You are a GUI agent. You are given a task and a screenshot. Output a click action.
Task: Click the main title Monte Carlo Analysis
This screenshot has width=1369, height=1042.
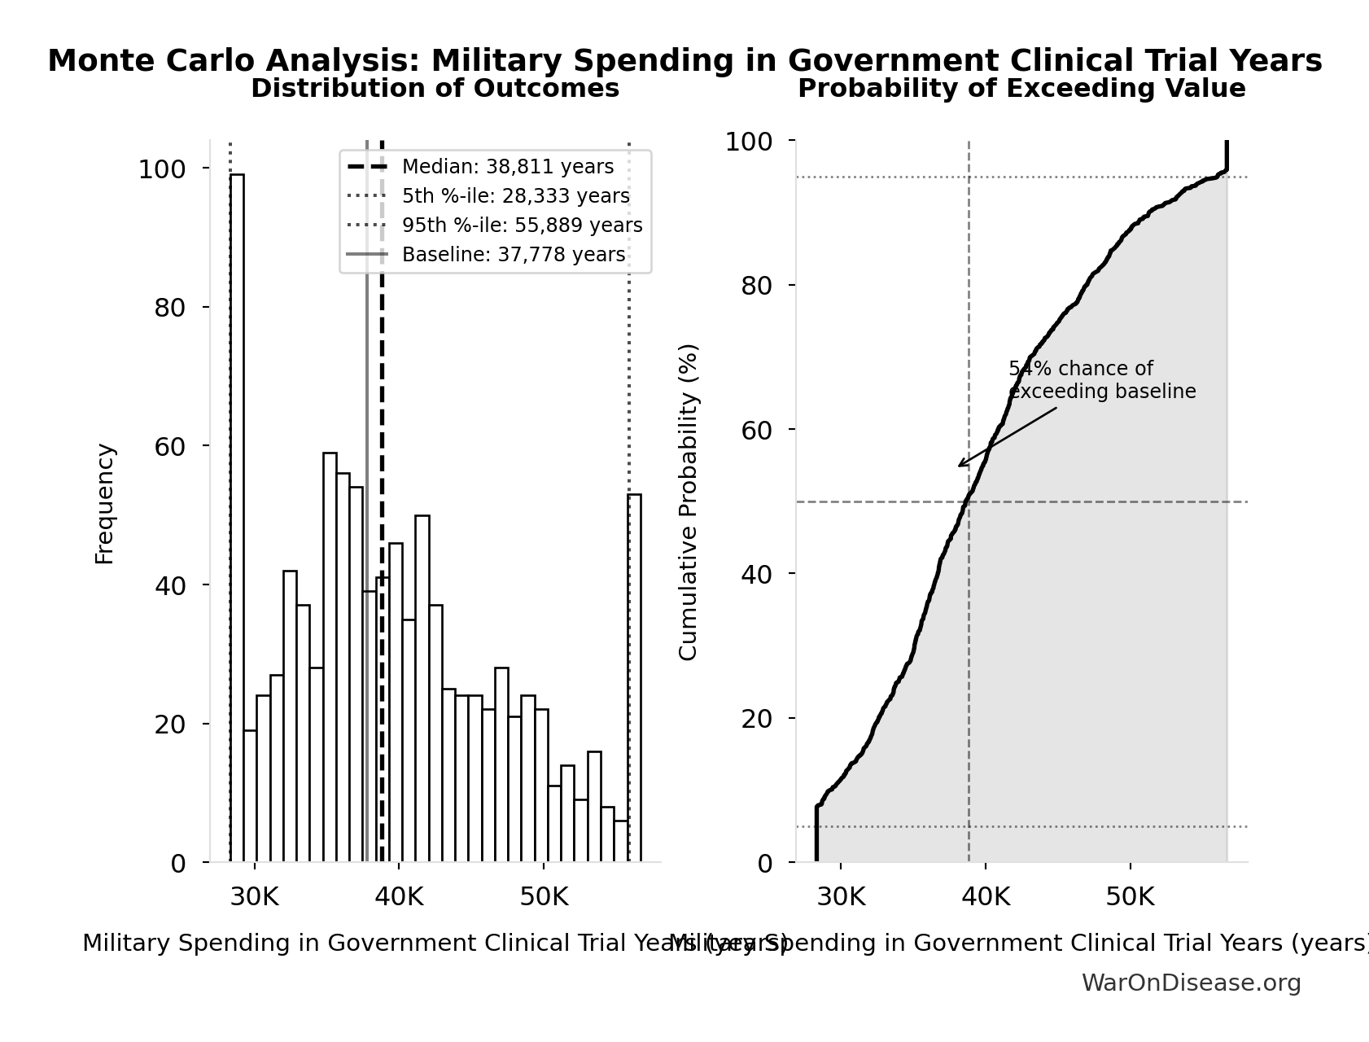click(684, 61)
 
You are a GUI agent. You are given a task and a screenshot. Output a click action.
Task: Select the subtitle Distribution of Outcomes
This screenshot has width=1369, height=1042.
click(435, 89)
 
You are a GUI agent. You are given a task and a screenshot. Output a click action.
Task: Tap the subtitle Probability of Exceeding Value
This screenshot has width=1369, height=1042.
click(1021, 89)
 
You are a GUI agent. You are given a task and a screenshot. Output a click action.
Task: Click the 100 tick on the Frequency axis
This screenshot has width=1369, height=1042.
click(161, 169)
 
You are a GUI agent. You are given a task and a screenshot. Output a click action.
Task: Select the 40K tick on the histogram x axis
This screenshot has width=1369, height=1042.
click(400, 897)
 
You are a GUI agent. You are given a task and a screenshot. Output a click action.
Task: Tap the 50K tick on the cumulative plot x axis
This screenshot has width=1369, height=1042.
click(1130, 897)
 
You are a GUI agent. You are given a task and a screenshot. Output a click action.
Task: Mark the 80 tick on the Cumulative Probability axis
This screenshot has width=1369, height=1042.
click(756, 286)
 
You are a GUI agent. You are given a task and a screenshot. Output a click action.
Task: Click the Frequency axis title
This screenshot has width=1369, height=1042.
click(105, 503)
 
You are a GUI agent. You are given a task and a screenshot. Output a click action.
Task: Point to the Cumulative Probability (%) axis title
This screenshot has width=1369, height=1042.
click(689, 501)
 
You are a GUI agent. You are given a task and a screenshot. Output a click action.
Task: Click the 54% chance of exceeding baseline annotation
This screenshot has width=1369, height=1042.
click(1101, 380)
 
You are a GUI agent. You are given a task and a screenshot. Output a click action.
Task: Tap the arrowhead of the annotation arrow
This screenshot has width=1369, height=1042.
click(960, 466)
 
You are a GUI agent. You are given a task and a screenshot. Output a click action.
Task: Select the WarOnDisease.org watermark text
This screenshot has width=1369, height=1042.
click(1191, 983)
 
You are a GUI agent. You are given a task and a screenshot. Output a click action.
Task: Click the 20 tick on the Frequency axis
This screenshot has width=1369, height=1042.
click(169, 725)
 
